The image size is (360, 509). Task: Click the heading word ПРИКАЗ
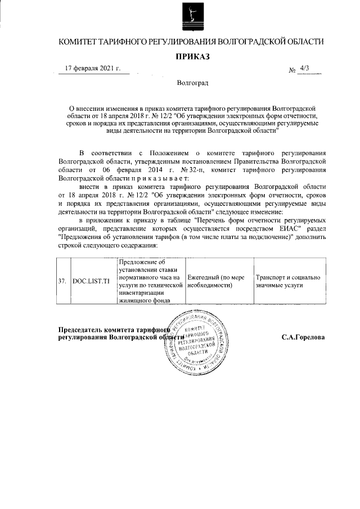(x=192, y=57)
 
